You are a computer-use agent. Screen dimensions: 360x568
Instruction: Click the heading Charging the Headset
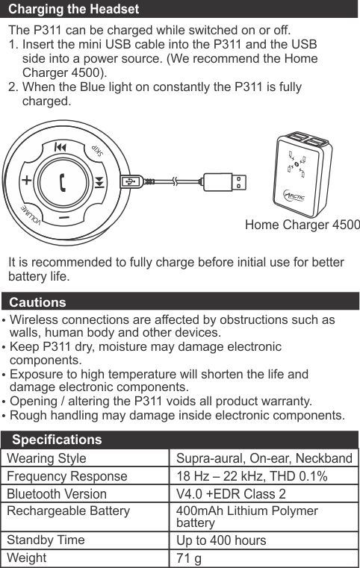pos(74,9)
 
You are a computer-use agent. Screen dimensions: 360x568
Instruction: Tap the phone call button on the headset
pos(62,182)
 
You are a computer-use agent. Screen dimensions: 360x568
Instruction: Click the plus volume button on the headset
pos(27,180)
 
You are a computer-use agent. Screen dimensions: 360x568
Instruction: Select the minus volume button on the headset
pos(63,218)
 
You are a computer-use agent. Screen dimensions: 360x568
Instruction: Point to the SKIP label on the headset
pos(98,150)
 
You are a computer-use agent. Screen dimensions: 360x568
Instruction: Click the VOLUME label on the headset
pos(30,215)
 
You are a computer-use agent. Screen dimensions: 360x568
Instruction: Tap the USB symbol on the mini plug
pos(130,181)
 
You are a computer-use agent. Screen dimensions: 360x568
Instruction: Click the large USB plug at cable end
pos(225,182)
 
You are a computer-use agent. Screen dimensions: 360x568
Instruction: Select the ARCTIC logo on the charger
pos(294,196)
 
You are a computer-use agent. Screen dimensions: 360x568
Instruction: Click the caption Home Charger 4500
pos(302,225)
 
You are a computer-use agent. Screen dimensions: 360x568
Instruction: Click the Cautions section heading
pos(37,302)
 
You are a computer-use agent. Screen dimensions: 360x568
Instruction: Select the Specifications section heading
pos(57,440)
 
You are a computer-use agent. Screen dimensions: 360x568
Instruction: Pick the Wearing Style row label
pos(46,458)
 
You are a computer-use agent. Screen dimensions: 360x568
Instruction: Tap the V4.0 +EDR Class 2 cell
pos(231,494)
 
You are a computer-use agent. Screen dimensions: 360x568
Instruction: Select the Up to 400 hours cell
pos(221,540)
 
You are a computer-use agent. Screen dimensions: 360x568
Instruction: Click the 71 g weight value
pos(188,558)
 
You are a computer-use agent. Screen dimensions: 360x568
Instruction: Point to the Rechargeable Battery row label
pos(68,511)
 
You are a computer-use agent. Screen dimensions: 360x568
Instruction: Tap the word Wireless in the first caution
pos(34,320)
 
